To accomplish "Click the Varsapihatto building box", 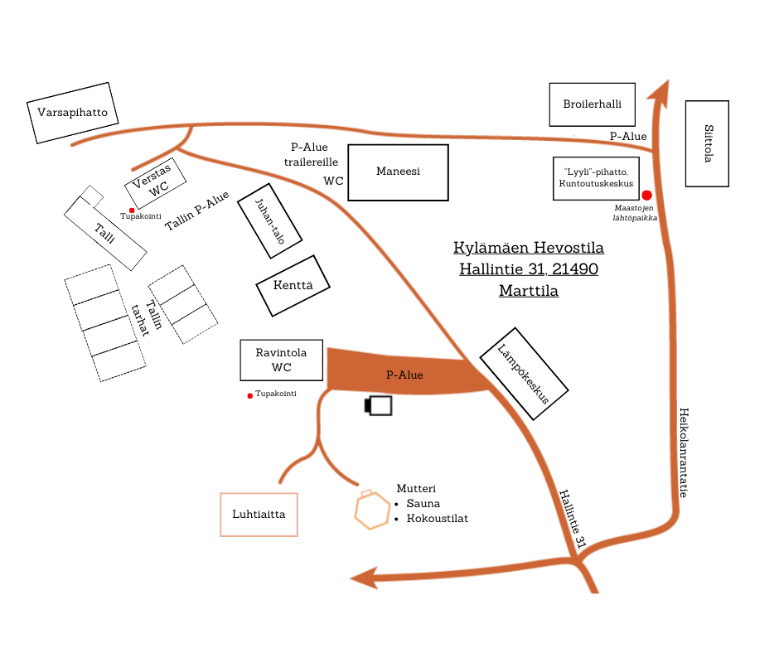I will click(x=72, y=113).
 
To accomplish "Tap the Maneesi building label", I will click(x=398, y=172).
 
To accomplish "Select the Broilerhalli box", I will click(x=592, y=104).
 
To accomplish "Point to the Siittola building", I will click(x=707, y=143).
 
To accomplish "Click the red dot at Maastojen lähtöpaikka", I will click(x=646, y=194).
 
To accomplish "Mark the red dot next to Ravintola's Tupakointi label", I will click(x=249, y=395).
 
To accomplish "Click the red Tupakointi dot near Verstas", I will click(x=132, y=210).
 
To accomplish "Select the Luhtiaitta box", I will click(x=259, y=515).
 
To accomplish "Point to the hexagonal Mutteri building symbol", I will click(x=372, y=509).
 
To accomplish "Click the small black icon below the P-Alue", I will click(x=378, y=405).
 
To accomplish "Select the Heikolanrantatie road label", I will click(x=683, y=452).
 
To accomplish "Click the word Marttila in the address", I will click(x=528, y=291).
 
